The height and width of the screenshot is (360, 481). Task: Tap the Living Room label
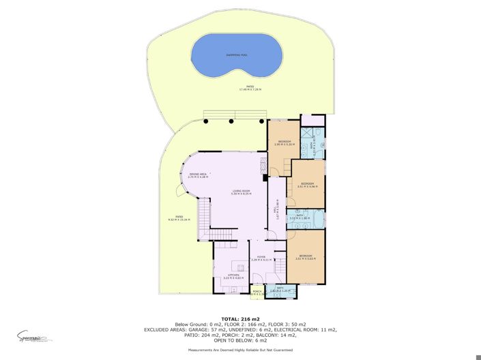coord(242,192)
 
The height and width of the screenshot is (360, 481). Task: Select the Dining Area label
coord(198,175)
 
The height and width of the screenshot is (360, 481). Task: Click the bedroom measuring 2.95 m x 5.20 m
coord(284,142)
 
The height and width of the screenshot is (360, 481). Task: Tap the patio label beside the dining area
coord(177,219)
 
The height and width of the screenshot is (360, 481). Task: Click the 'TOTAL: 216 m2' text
coord(240,318)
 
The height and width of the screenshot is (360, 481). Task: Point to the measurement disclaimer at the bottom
coord(240,349)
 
